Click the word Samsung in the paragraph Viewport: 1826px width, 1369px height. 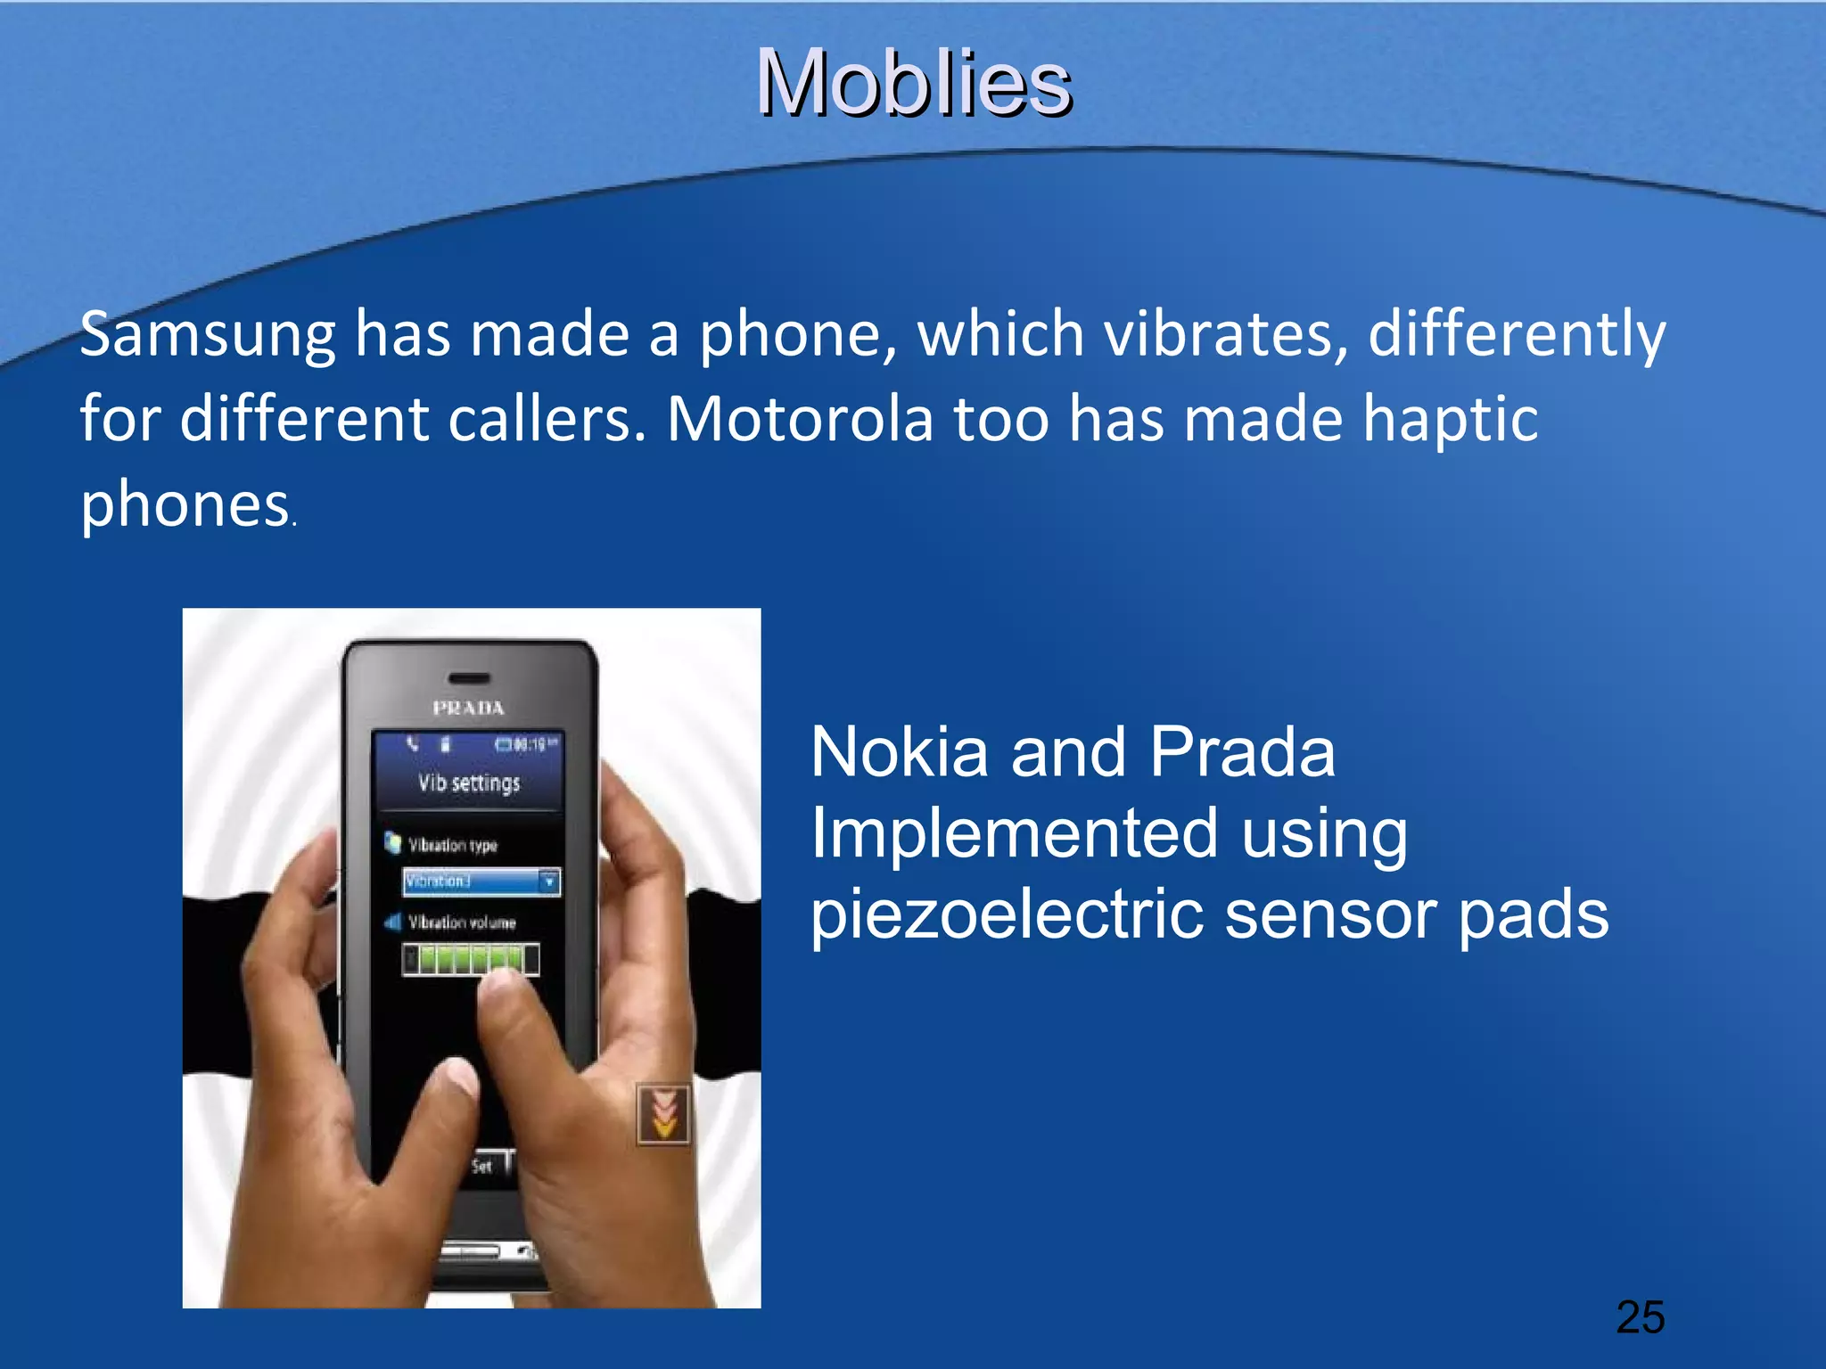click(207, 334)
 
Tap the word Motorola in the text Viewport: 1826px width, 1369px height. click(800, 419)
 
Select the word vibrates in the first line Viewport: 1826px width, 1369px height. click(1226, 334)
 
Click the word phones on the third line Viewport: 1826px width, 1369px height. click(185, 504)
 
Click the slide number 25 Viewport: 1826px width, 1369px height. click(1640, 1317)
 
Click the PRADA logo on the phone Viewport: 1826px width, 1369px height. click(469, 709)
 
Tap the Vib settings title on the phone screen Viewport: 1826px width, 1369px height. click(469, 783)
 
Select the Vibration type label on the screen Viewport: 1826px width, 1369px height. click(452, 845)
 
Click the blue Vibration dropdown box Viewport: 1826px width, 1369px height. click(481, 881)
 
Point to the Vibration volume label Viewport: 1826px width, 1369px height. click(461, 922)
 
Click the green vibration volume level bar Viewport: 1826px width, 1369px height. click(470, 959)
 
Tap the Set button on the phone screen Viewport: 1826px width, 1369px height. click(482, 1166)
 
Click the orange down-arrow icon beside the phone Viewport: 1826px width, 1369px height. click(663, 1114)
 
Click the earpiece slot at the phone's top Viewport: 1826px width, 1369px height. click(468, 677)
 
